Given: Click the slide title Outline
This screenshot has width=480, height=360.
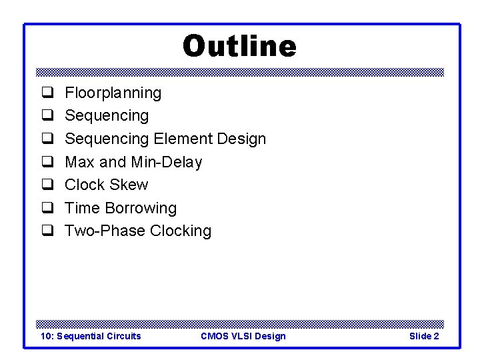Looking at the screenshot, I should pos(239,47).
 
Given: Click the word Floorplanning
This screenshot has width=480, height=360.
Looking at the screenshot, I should pos(113,93).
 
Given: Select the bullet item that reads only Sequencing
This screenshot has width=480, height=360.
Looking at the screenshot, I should pos(107,116).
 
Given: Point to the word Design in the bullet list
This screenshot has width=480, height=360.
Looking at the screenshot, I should pos(242,139).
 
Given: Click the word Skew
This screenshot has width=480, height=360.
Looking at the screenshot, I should pos(131,185).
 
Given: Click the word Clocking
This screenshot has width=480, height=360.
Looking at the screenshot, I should pos(180,231).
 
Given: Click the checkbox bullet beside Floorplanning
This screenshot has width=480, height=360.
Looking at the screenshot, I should pos(48,93).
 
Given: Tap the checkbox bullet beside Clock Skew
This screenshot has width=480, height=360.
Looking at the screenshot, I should pos(48,185).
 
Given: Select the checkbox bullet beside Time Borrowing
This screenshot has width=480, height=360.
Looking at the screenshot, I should pos(48,208).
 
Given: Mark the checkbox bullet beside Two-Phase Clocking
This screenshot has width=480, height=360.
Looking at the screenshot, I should pos(48,231).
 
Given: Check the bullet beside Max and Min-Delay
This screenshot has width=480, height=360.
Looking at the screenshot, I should pos(48,162).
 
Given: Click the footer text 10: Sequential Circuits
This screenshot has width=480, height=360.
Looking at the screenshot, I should pos(91,336).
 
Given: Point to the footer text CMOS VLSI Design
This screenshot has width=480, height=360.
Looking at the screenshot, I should pos(243,336).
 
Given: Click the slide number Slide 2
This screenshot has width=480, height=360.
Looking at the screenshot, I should pos(423,336).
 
